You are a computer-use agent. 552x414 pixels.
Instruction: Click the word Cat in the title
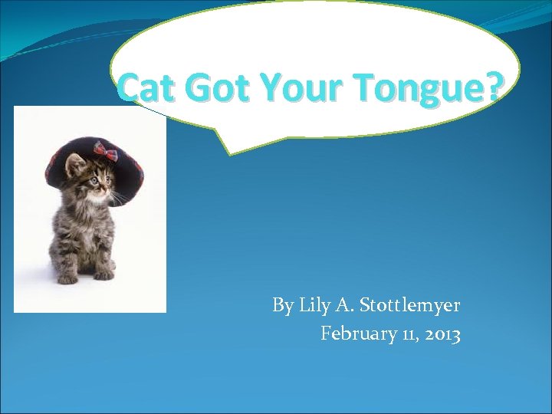(147, 89)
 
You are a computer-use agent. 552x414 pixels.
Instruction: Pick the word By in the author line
(282, 306)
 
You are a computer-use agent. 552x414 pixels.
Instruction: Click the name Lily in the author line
(316, 306)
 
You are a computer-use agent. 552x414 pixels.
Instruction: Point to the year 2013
(440, 333)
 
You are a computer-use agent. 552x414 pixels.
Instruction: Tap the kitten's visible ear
(75, 163)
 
